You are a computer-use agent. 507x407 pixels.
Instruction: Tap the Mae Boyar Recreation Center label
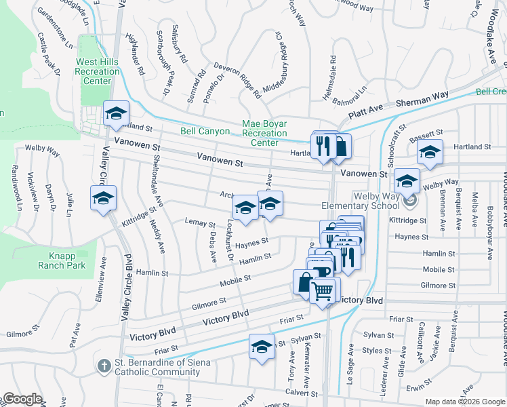tap(264, 134)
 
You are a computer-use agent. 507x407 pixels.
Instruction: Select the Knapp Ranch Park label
tap(67, 260)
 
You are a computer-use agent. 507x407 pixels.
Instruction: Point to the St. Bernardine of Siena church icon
tap(104, 367)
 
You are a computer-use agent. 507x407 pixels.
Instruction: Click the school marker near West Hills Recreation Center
tap(116, 113)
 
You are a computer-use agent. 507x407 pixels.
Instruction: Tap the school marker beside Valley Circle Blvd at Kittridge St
tap(103, 198)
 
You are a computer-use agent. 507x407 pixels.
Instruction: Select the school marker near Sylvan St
tap(262, 347)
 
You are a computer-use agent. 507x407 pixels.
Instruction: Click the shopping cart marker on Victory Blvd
tap(323, 291)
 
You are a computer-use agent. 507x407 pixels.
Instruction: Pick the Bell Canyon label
tap(205, 131)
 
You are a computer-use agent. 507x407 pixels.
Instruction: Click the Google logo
tap(23, 399)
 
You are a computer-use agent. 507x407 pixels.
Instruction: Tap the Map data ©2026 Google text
tap(464, 402)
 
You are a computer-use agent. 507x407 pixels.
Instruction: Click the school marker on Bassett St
tap(429, 153)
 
